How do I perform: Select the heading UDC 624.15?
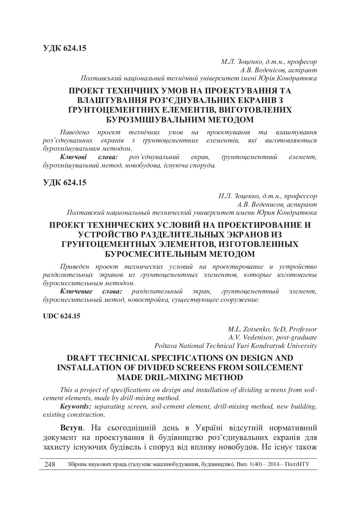coord(62,316)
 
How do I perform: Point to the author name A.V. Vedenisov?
coord(251,337)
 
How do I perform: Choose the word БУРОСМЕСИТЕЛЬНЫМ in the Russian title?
coord(155,254)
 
